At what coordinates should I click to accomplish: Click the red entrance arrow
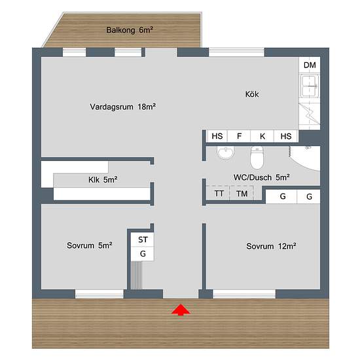coord(181,310)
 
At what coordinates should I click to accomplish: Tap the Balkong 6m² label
coord(130,30)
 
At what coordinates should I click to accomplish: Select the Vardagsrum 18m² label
coord(123,107)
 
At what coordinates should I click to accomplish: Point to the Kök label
coord(252,94)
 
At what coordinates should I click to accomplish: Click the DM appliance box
coord(310,65)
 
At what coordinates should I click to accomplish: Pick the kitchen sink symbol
coord(309,86)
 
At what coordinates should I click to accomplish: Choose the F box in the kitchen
coord(239,136)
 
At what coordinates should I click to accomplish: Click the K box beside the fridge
coord(262,136)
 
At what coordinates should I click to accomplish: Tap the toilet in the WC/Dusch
coord(257,158)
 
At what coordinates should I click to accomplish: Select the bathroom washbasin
coord(225,153)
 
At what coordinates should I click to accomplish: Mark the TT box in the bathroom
coord(219,193)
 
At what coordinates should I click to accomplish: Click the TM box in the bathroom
coord(242,193)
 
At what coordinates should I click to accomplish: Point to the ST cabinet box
coord(142,240)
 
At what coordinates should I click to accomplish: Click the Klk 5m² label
coord(103,179)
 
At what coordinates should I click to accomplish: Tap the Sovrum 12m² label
coord(271,246)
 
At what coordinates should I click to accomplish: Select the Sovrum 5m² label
coord(90,245)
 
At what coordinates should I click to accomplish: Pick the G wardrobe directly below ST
coord(142,254)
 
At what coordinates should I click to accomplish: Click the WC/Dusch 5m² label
coord(262,177)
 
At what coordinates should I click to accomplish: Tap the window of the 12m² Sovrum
coord(244,294)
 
